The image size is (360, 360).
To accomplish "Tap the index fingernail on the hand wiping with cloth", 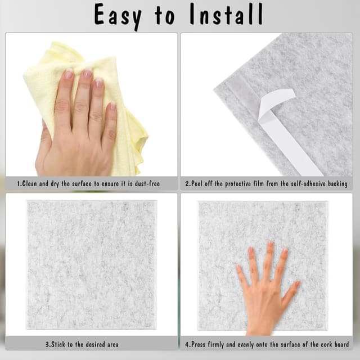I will [x=69, y=74].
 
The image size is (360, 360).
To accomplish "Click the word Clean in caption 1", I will [x=34, y=184].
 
